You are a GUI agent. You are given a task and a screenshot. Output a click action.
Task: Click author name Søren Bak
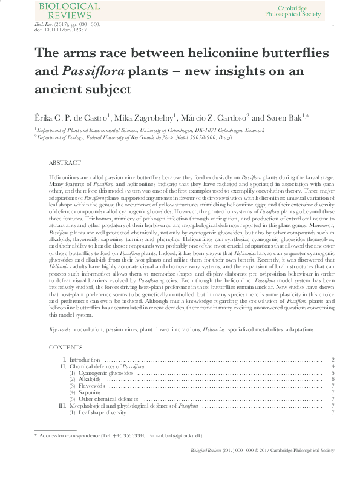pyautogui.click(x=293, y=116)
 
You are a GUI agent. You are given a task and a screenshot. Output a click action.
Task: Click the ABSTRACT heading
pyautogui.click(x=64, y=164)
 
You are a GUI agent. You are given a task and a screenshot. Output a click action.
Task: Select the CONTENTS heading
pyautogui.click(x=65, y=348)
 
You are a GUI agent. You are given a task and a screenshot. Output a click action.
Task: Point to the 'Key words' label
pyautogui.click(x=59, y=329)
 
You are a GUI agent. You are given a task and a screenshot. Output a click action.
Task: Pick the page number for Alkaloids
pyautogui.click(x=333, y=380)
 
